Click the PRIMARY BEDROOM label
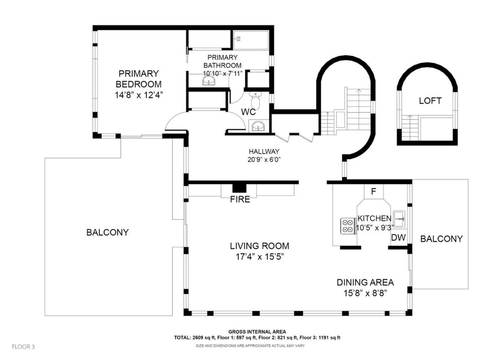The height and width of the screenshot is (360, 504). tap(138, 79)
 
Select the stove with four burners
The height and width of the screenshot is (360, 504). tap(348, 225)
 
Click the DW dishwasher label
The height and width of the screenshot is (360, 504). tap(398, 238)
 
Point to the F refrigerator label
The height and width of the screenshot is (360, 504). tap(374, 192)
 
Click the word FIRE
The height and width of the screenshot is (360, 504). tap(240, 199)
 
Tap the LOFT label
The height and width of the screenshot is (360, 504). tap(430, 101)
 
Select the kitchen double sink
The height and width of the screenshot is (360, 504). tap(399, 219)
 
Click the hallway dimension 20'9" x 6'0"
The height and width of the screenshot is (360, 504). tap(264, 159)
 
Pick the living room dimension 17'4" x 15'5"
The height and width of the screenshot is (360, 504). tap(259, 257)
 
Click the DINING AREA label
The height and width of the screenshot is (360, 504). tap(365, 282)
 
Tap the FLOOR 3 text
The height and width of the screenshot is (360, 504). tap(23, 347)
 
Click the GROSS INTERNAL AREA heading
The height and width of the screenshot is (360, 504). tap(257, 332)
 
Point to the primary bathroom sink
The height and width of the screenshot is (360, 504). tap(209, 81)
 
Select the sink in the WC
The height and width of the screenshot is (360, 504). tap(257, 126)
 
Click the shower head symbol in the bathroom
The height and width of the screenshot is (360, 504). tap(238, 39)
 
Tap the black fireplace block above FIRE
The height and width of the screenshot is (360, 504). tap(239, 188)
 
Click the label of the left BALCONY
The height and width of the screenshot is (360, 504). tap(108, 232)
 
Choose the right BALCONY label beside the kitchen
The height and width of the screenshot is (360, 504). tap(441, 239)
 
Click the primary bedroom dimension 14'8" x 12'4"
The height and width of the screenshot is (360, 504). tap(139, 95)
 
